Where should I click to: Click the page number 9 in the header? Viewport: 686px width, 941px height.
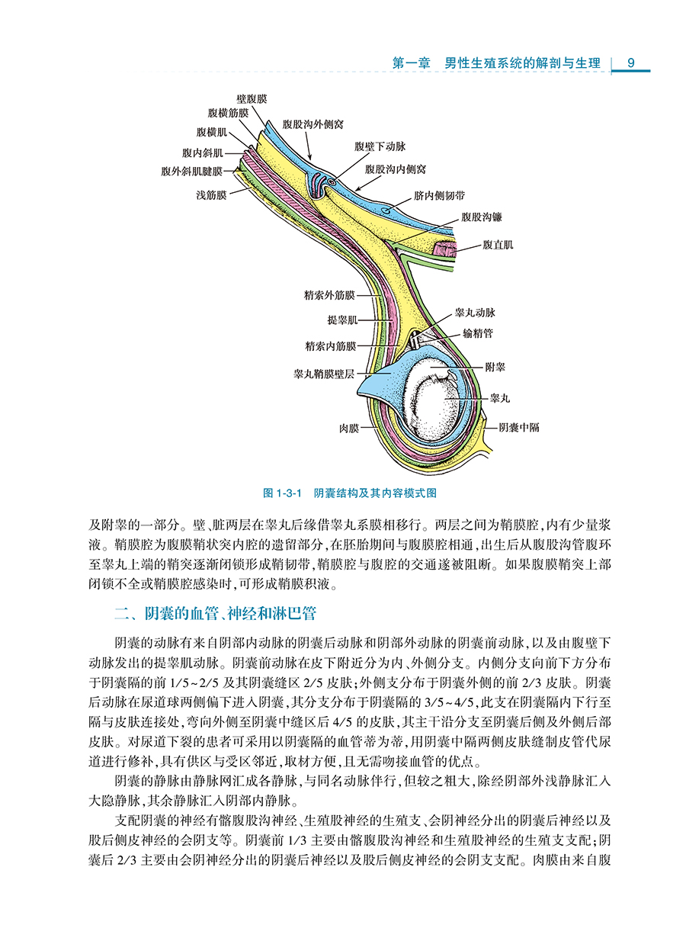(x=631, y=63)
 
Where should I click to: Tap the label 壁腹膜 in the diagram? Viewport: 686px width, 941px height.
(x=252, y=99)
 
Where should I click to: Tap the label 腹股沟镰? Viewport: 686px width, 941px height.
(x=482, y=217)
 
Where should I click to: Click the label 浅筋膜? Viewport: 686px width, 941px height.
(x=211, y=195)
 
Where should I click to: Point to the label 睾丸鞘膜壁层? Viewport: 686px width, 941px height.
(x=324, y=374)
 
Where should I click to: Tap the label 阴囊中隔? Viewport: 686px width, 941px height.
(x=519, y=428)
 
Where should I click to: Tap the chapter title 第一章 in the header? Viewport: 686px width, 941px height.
(x=412, y=63)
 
